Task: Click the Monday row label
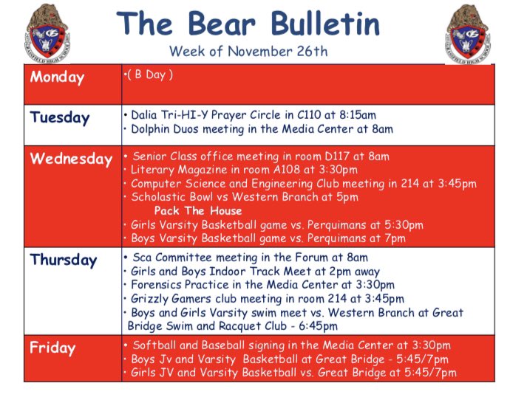pyautogui.click(x=58, y=77)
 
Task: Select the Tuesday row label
pyautogui.click(x=60, y=117)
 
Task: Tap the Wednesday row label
pyautogui.click(x=71, y=159)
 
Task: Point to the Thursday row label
pyautogui.click(x=64, y=260)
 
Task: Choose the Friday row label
pyautogui.click(x=53, y=348)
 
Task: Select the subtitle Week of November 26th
pyautogui.click(x=249, y=52)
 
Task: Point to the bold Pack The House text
pyautogui.click(x=198, y=211)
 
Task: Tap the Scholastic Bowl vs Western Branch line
pyautogui.click(x=245, y=197)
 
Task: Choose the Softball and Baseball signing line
pyautogui.click(x=290, y=345)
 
